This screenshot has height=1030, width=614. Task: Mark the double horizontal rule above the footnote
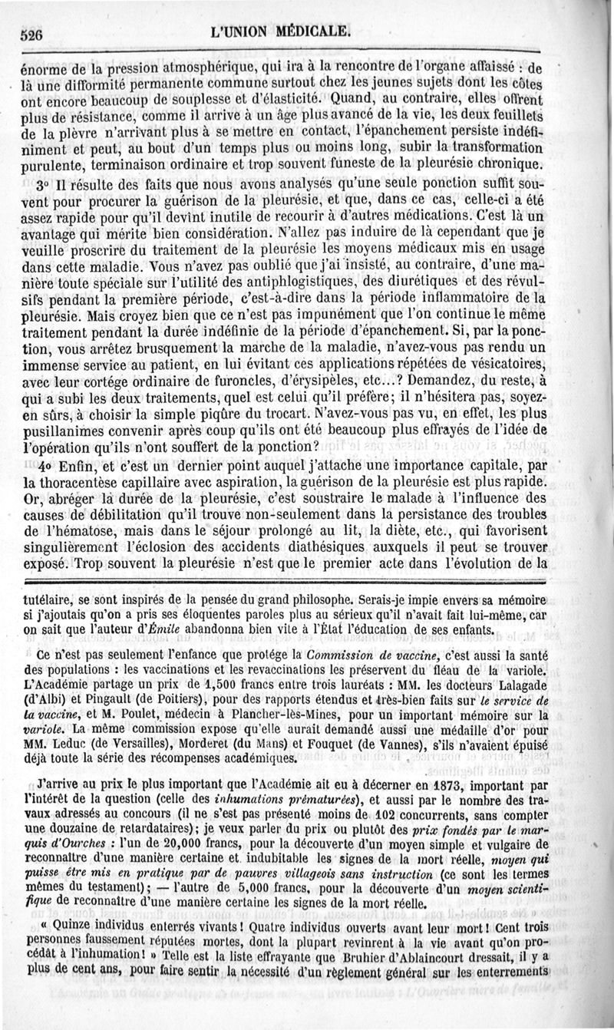307,582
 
